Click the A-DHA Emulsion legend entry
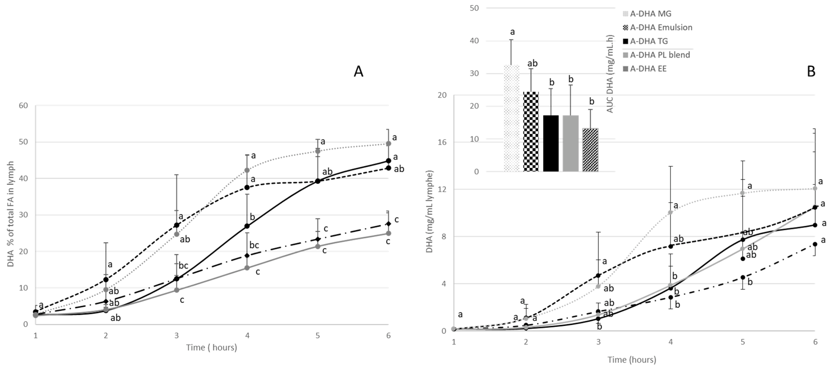pos(661,27)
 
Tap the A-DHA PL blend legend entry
pos(660,55)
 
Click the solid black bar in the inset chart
pos(551,143)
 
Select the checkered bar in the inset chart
pos(531,131)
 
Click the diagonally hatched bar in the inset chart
pos(590,149)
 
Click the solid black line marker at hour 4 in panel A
pos(247,226)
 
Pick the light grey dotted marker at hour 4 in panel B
pos(670,212)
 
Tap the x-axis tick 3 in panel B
pos(598,342)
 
